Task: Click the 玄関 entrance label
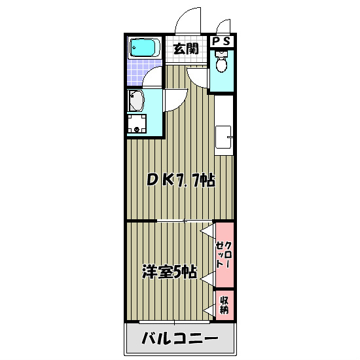pyautogui.click(x=186, y=48)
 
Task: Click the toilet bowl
pyautogui.click(x=221, y=65)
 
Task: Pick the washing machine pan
pyautogui.click(x=137, y=123)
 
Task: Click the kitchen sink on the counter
pyautogui.click(x=225, y=137)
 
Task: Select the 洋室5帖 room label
pyautogui.click(x=170, y=272)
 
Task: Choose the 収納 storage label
pyautogui.click(x=224, y=305)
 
